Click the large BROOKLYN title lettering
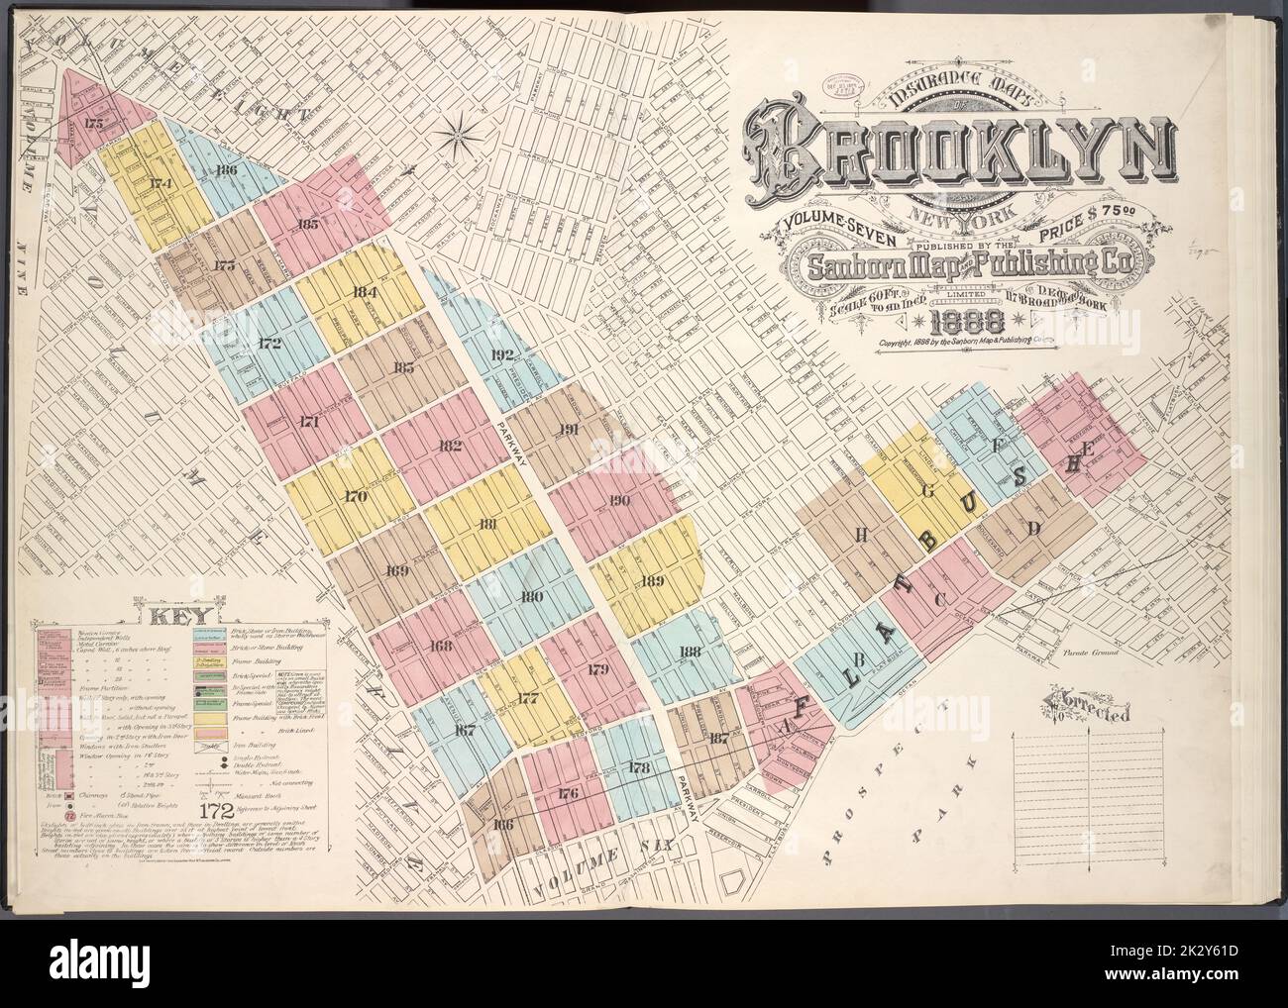956,159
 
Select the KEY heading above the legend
173,615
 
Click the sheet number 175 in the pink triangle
93,124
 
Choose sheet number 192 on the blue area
502,353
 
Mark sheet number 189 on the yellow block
652,581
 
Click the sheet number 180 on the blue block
531,597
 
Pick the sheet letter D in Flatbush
1033,530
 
